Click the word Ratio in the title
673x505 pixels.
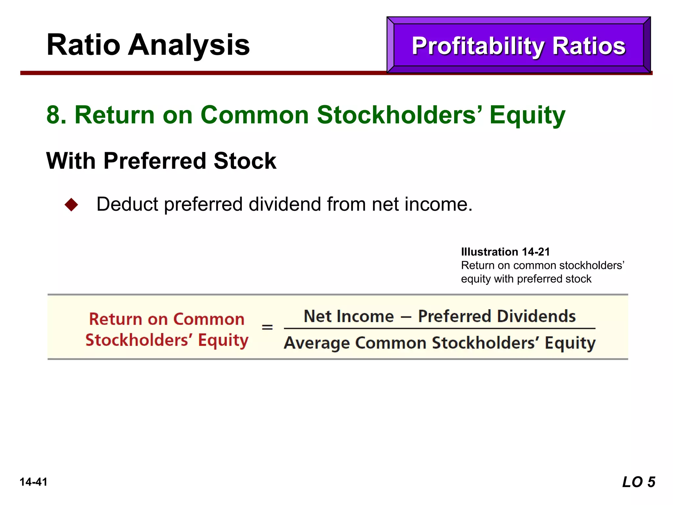(x=83, y=45)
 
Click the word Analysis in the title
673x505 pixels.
(x=189, y=45)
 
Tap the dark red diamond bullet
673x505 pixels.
(x=71, y=204)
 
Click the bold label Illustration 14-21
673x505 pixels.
(x=505, y=252)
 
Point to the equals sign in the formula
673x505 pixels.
(x=267, y=327)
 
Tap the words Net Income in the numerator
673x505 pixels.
(x=349, y=316)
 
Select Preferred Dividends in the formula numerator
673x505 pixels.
(x=497, y=316)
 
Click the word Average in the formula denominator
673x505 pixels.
(x=317, y=343)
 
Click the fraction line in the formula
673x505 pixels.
(x=439, y=328)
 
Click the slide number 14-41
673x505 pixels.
(x=34, y=482)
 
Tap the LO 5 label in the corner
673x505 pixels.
(x=638, y=482)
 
